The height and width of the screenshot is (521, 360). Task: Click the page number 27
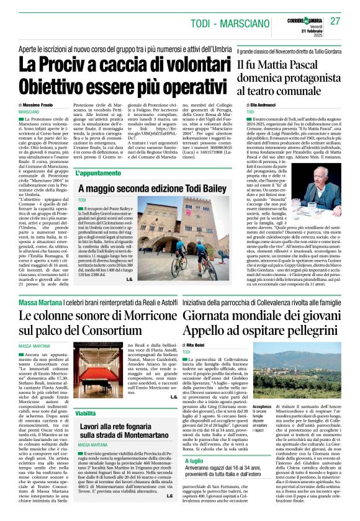[336, 21]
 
